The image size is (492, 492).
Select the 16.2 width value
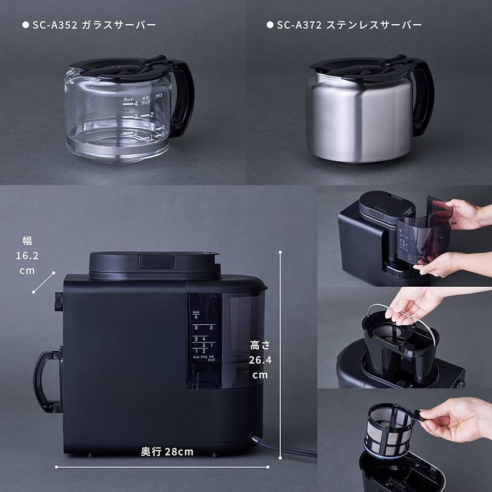point(27,255)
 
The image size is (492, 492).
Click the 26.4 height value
point(260,360)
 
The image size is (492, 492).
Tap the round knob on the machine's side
point(58,302)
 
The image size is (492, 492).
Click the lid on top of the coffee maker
point(154,263)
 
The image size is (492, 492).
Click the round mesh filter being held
point(389,430)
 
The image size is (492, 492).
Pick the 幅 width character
point(27,240)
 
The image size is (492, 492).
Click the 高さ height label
point(260,346)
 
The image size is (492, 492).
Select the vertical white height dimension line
point(281,358)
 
